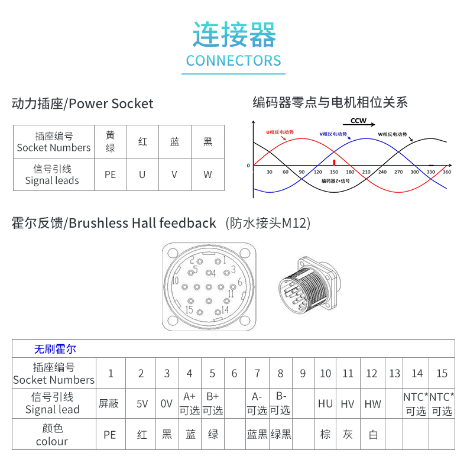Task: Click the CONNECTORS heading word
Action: (234, 61)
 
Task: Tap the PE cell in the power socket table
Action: (111, 174)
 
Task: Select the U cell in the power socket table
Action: (142, 174)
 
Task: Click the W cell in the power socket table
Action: (207, 174)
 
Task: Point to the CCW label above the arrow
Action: (358, 121)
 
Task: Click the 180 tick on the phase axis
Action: (350, 172)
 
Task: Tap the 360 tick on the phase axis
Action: (447, 172)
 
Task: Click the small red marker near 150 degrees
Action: (334, 161)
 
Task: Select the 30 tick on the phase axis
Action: (270, 172)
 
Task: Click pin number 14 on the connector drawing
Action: (225, 309)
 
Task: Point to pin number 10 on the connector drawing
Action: (176, 280)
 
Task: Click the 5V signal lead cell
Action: (142, 404)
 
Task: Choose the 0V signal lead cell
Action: (167, 404)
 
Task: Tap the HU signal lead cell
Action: (325, 404)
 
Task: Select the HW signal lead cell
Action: (372, 404)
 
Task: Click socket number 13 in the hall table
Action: (394, 373)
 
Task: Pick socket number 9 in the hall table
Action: (303, 373)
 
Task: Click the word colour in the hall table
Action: (52, 442)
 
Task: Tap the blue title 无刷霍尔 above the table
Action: (55, 349)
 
